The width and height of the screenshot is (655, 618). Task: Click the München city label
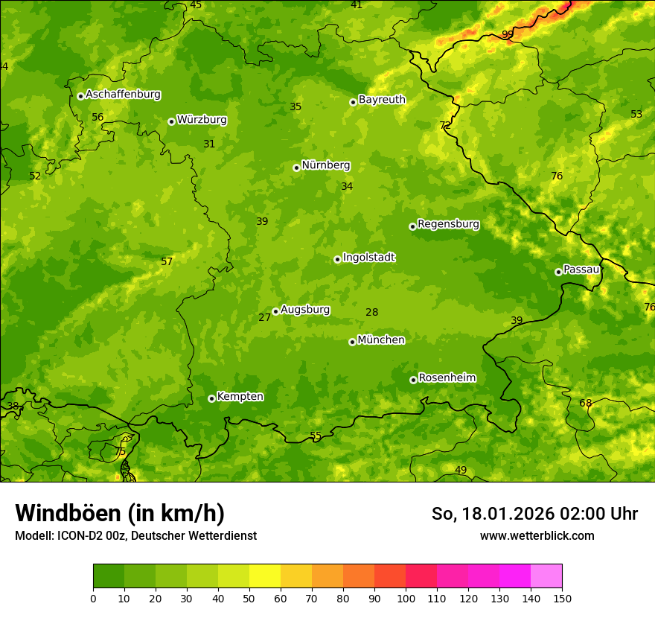pyautogui.click(x=381, y=340)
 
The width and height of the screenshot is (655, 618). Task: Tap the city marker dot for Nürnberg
pyautogui.click(x=296, y=168)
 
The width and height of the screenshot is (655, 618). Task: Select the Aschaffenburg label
pyautogui.click(x=123, y=95)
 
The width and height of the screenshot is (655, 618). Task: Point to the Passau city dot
pyautogui.click(x=558, y=272)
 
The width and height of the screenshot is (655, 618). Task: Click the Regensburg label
pyautogui.click(x=448, y=224)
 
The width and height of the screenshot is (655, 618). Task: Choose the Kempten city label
pyautogui.click(x=240, y=397)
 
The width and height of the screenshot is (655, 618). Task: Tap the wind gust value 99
pyautogui.click(x=508, y=35)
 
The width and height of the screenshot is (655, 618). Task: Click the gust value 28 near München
pyautogui.click(x=372, y=313)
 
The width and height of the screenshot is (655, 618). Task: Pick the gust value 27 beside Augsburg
pyautogui.click(x=264, y=318)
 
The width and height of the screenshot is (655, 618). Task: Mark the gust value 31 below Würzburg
pyautogui.click(x=209, y=144)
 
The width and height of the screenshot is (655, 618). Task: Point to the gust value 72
pyautogui.click(x=444, y=126)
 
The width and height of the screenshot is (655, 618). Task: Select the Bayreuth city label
pyautogui.click(x=382, y=100)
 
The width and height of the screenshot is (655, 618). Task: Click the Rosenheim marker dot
pyautogui.click(x=413, y=380)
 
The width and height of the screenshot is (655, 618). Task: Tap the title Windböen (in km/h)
pyautogui.click(x=120, y=513)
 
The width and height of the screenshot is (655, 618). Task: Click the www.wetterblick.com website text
pyautogui.click(x=537, y=535)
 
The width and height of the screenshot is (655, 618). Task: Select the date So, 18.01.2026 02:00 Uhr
pyautogui.click(x=534, y=514)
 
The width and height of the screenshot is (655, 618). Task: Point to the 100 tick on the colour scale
pyautogui.click(x=406, y=597)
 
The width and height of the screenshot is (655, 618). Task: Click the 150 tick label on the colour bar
pyautogui.click(x=562, y=597)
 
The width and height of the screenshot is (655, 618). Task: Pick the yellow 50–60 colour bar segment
pyautogui.click(x=265, y=576)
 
